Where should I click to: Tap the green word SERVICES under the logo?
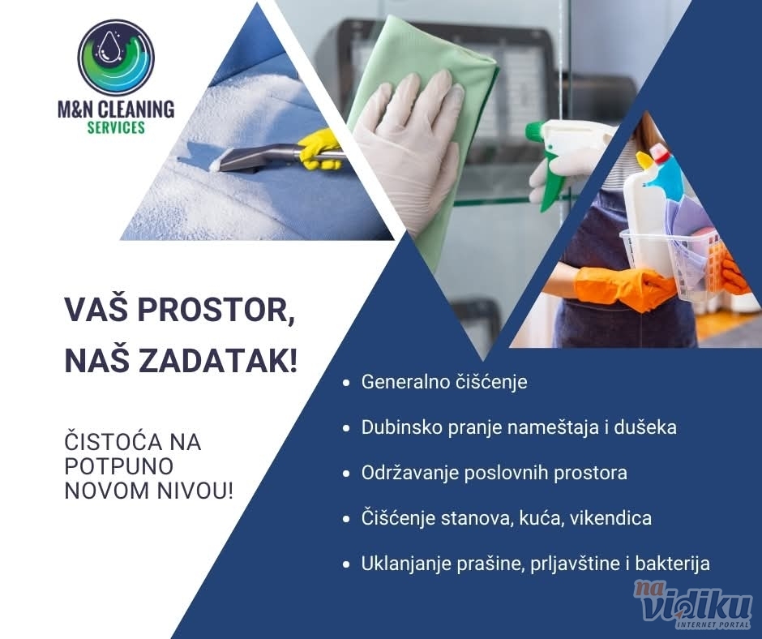[x=116, y=127]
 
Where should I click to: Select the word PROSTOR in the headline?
[x=216, y=310]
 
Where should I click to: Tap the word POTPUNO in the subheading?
[x=119, y=466]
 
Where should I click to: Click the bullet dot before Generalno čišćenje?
[x=346, y=383]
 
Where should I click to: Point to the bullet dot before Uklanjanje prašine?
[x=346, y=564]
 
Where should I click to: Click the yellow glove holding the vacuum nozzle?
[x=320, y=149]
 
